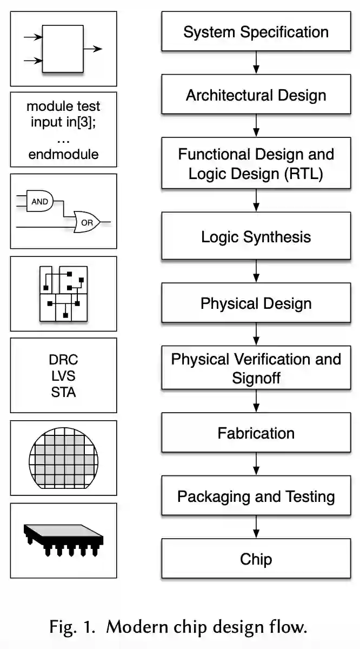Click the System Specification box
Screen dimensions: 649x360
pyautogui.click(x=256, y=32)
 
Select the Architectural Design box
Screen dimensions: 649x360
pyautogui.click(x=256, y=95)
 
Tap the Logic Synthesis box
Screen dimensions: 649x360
pyautogui.click(x=256, y=237)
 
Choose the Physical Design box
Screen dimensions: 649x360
pyautogui.click(x=256, y=303)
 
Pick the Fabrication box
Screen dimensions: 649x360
pyautogui.click(x=256, y=433)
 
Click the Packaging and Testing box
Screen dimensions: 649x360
pyautogui.click(x=256, y=496)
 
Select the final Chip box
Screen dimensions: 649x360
pyautogui.click(x=256, y=559)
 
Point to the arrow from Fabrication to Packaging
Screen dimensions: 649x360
pyautogui.click(x=256, y=464)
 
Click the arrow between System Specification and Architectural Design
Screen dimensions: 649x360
pyautogui.click(x=256, y=64)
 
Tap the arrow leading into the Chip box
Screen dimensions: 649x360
pyautogui.click(x=256, y=527)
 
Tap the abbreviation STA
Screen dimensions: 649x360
pyautogui.click(x=63, y=392)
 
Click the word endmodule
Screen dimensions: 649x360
pyautogui.click(x=63, y=154)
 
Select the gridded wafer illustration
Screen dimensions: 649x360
pyautogui.click(x=63, y=458)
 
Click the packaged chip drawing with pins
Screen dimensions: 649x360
pyautogui.click(x=63, y=538)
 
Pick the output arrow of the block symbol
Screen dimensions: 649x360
pyautogui.click(x=93, y=49)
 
